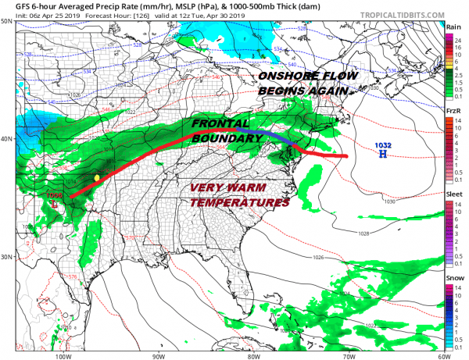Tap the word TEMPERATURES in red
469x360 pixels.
pos(240,202)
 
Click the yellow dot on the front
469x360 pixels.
pos(96,178)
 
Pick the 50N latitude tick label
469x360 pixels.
pos(6,22)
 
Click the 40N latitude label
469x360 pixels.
pos(6,140)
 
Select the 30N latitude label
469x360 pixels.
pos(6,258)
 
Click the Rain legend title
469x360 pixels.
pos(453,27)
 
